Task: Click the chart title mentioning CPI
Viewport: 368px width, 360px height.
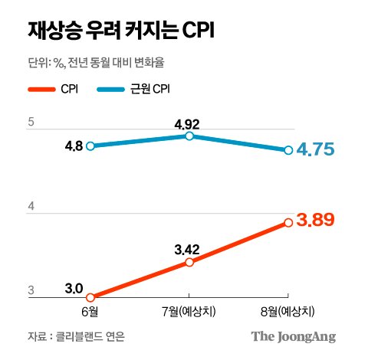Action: coord(121,31)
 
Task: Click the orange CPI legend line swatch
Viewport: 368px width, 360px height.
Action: coord(41,90)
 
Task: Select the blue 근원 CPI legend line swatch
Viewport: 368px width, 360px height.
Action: coord(111,90)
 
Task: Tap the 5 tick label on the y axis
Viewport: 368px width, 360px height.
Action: coord(31,122)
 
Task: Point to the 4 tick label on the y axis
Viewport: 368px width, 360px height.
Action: coord(31,206)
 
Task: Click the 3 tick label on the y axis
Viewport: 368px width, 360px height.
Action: coord(31,290)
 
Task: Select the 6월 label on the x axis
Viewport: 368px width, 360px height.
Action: coord(90,312)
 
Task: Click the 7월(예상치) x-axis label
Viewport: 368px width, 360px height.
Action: coord(189,312)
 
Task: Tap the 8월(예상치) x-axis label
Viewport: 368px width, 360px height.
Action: coord(287,312)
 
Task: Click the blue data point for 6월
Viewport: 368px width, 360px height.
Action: coord(90,146)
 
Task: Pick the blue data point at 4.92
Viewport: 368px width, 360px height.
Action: coord(189,136)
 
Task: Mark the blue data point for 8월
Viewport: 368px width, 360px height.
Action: coord(288,150)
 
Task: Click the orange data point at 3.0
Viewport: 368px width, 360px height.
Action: coord(90,297)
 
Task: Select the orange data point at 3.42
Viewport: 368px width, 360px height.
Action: coord(189,262)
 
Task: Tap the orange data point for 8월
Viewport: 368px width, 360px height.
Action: coord(288,223)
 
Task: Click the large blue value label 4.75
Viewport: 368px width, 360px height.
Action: coord(316,149)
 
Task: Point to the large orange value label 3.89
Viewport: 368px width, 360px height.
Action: coord(316,220)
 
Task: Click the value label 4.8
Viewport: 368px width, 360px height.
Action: coord(74,146)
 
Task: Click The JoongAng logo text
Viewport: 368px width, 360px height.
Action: coord(294,337)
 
